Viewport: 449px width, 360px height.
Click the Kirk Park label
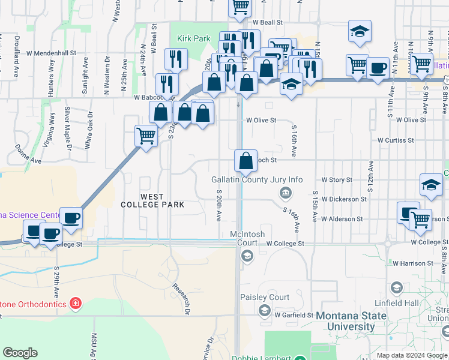[193, 38]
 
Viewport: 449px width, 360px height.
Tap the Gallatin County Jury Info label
[256, 179]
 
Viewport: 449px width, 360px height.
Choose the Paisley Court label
[265, 297]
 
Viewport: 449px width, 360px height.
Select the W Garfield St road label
[294, 315]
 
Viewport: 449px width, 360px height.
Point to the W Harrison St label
[413, 263]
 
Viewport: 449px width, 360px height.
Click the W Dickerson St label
[344, 199]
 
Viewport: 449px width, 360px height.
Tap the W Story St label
[337, 179]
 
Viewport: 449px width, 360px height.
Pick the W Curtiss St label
[396, 140]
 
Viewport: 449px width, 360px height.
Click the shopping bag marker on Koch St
[246, 161]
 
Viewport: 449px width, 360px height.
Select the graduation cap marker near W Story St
[431, 185]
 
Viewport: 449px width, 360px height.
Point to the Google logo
[20, 353]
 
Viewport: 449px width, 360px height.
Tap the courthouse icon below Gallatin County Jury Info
[285, 193]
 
